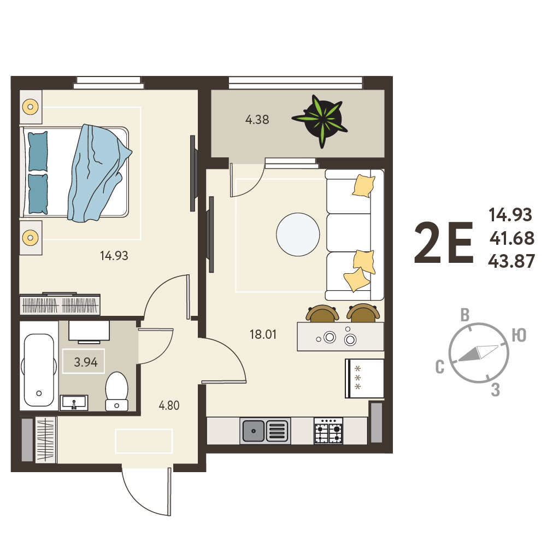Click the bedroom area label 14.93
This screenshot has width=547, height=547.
114,256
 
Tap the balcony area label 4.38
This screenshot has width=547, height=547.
257,120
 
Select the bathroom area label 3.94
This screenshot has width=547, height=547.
85,362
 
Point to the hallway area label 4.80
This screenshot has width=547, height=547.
169,405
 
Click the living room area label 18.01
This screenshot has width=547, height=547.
263,334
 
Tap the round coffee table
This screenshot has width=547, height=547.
298,234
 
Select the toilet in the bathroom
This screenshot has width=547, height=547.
117,391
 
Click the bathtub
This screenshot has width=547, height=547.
39,370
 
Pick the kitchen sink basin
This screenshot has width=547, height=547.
253,431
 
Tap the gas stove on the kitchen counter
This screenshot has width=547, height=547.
328,431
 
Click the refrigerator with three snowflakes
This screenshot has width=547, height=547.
364,378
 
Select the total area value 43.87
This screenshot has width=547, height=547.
511,261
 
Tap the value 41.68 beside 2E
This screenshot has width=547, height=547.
512,238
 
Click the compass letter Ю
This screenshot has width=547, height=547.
519,335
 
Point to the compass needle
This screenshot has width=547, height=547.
478,353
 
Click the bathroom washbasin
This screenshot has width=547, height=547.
74,403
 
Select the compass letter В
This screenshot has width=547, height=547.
465,315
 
